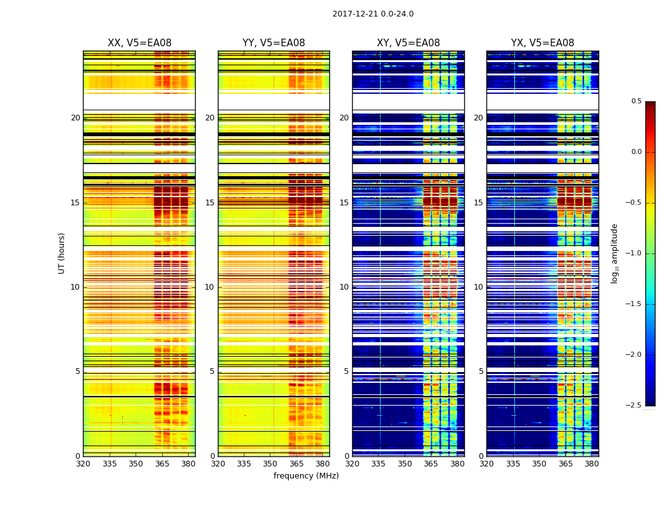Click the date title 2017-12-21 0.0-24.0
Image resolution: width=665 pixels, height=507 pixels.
(373, 14)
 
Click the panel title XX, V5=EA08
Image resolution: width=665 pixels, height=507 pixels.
(139, 43)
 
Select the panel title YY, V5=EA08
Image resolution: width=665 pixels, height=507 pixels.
(274, 43)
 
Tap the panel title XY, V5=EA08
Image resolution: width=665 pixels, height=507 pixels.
(408, 43)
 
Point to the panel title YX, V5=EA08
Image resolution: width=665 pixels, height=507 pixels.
(542, 43)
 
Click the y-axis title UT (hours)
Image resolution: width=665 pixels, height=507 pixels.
(62, 253)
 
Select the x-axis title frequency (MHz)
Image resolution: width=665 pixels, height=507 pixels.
(306, 476)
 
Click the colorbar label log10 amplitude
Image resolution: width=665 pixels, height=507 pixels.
(615, 253)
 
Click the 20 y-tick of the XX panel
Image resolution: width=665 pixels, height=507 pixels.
(75, 118)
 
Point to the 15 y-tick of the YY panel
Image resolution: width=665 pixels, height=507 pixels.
(210, 203)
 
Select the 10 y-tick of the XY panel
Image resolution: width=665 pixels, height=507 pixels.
(344, 287)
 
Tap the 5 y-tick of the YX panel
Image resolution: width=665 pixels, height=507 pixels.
(481, 371)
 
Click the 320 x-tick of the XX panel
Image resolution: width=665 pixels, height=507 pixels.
(83, 464)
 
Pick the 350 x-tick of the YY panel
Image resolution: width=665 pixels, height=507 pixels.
(270, 464)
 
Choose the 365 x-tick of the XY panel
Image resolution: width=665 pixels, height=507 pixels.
(431, 464)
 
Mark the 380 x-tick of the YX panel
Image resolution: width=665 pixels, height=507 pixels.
(592, 464)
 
